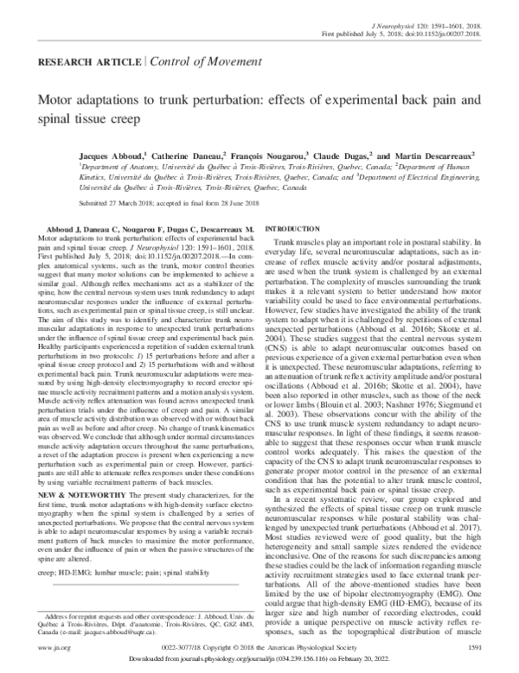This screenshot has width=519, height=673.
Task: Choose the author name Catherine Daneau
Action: point(185,148)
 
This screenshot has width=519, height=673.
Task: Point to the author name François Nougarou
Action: point(265,148)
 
